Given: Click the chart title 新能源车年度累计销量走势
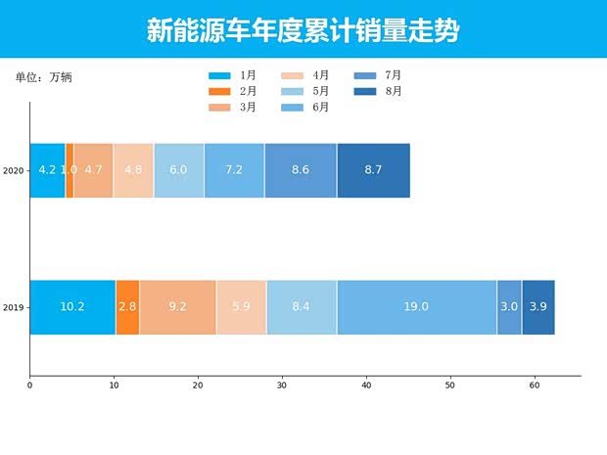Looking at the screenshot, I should pyautogui.click(x=303, y=30).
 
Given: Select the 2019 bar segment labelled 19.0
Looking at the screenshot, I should pyautogui.click(x=416, y=307).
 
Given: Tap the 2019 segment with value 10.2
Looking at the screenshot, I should pyautogui.click(x=72, y=307).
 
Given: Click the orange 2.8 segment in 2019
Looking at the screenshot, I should pyautogui.click(x=127, y=307).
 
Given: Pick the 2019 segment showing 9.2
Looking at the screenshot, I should pyautogui.click(x=177, y=307).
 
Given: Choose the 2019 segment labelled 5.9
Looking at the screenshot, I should pyautogui.click(x=241, y=307).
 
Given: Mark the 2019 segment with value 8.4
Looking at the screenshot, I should pyautogui.click(x=302, y=307).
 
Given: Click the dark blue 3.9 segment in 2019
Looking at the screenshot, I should pyautogui.click(x=538, y=307).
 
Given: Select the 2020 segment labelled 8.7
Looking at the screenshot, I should pyautogui.click(x=373, y=170).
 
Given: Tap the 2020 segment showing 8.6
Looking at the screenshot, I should pyautogui.click(x=301, y=170).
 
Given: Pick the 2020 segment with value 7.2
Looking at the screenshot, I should pyautogui.click(x=234, y=170).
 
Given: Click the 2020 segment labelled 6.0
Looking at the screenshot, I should pyautogui.click(x=178, y=170).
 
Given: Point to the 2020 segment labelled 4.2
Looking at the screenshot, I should pyautogui.click(x=47, y=170).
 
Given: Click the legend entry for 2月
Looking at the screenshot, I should pyautogui.click(x=232, y=91).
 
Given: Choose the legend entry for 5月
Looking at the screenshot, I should pyautogui.click(x=305, y=91).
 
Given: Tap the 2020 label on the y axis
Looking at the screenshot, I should pyautogui.click(x=13, y=171).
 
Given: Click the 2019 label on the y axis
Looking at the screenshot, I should pyautogui.click(x=13, y=308).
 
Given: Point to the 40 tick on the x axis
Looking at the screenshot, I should pyautogui.click(x=366, y=387).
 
